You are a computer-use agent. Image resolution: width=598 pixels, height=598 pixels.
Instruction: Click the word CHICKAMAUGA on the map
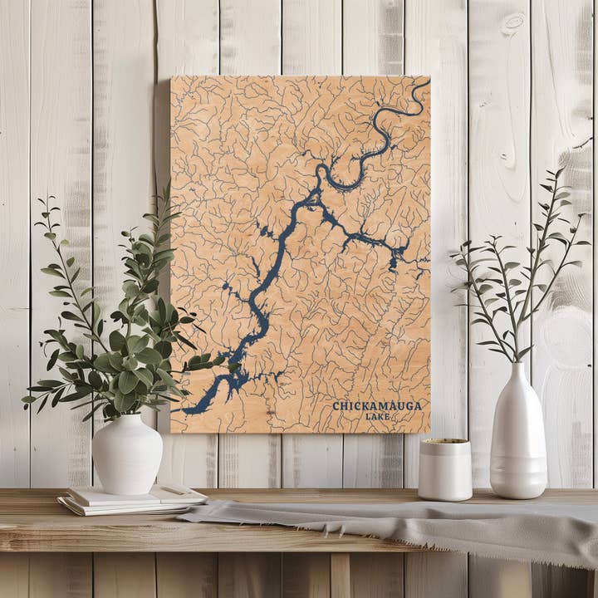376,406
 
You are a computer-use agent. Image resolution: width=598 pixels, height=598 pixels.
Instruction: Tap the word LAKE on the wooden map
377,416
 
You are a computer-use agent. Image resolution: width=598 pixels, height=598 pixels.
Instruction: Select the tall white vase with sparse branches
518,440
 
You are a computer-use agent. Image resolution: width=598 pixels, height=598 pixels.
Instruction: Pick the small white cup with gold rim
444,469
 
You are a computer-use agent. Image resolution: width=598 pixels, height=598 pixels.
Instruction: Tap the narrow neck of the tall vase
521,371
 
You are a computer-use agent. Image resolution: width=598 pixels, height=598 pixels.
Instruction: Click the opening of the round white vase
127,418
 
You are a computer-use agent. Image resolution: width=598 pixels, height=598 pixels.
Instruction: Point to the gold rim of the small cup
444,442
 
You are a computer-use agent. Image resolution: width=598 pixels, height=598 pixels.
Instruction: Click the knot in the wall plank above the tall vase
513,23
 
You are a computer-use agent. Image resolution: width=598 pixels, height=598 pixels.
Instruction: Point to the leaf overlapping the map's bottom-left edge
199,362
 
